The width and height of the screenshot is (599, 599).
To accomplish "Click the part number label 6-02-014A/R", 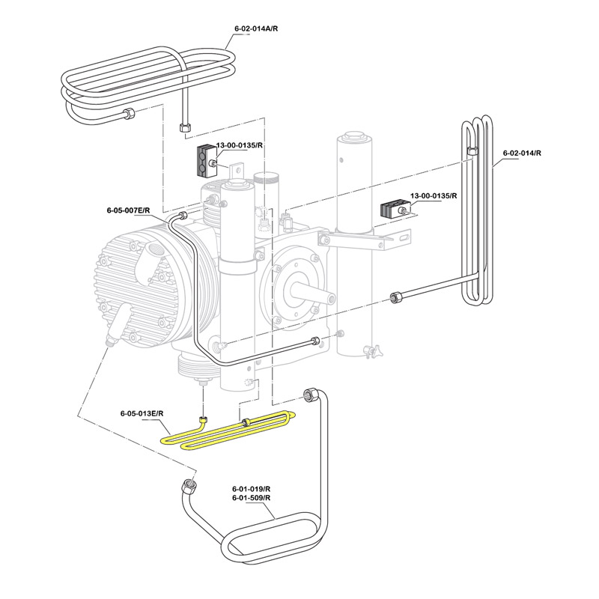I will pyautogui.click(x=256, y=28).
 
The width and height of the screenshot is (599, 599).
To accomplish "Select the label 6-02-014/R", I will pyautogui.click(x=522, y=153).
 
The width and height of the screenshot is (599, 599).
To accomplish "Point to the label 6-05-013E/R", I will pyautogui.click(x=142, y=413).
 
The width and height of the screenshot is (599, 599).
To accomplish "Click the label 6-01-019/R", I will pyautogui.click(x=252, y=488).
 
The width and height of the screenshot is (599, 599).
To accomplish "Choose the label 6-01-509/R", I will pyautogui.click(x=252, y=498).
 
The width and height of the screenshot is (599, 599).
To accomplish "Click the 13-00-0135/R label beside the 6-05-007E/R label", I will pyautogui.click(x=240, y=145).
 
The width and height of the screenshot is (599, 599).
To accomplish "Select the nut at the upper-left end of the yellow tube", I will pyautogui.click(x=202, y=420).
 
